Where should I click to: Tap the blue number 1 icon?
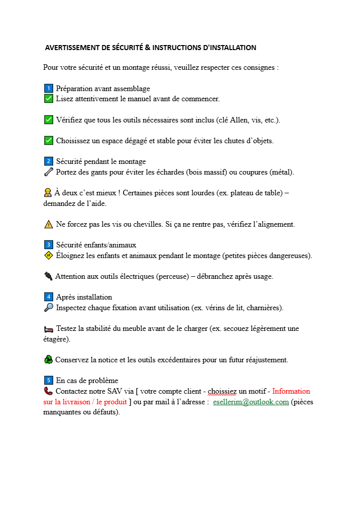49,89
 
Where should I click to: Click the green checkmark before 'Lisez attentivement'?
49,99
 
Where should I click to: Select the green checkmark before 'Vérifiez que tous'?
49,120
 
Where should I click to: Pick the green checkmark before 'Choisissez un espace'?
49,141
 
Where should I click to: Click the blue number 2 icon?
49,161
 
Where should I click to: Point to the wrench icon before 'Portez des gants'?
49,172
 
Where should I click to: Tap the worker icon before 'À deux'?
48,193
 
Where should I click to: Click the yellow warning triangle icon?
49,224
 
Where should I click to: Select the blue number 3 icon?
49,245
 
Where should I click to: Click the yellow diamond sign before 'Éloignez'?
49,256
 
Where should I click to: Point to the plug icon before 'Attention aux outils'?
48,276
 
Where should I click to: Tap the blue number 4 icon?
49,297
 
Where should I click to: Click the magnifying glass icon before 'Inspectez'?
49,308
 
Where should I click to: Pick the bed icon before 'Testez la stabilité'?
49,329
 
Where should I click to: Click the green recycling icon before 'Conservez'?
48,360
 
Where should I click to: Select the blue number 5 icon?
49,381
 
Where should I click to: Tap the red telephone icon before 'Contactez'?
48,391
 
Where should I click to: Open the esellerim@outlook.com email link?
251,402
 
